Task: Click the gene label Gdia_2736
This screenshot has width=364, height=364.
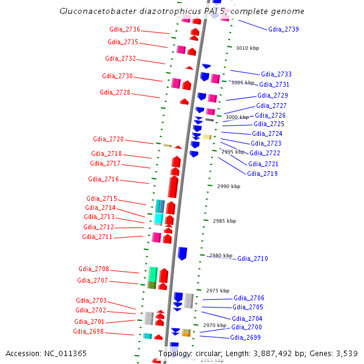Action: pyautogui.click(x=124, y=30)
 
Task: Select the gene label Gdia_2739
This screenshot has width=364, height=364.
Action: pyautogui.click(x=283, y=29)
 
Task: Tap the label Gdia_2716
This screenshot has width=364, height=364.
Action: pyautogui.click(x=103, y=180)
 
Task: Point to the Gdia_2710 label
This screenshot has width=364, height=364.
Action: pyautogui.click(x=252, y=259)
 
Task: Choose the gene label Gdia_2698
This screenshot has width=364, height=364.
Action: pyautogui.click(x=89, y=332)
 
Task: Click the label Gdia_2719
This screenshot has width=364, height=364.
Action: pyautogui.click(x=262, y=174)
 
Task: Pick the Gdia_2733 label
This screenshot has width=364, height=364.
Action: pyautogui.click(x=276, y=74)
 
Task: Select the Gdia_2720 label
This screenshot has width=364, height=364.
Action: pyautogui.click(x=108, y=140)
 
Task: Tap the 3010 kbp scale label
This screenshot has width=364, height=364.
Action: pyautogui.click(x=247, y=48)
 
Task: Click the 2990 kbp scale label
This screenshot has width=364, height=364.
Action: pyautogui.click(x=228, y=187)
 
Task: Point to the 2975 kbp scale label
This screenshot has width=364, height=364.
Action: pyautogui.click(x=218, y=291)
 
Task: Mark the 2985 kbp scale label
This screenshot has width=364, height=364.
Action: pyautogui.click(x=224, y=221)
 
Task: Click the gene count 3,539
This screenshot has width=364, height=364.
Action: pyautogui.click(x=346, y=353)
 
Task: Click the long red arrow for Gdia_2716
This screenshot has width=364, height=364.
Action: pyautogui.click(x=174, y=185)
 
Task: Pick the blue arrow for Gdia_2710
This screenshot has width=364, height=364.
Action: pyautogui.click(x=182, y=254)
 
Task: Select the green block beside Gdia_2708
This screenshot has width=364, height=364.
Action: pyautogui.click(x=153, y=274)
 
